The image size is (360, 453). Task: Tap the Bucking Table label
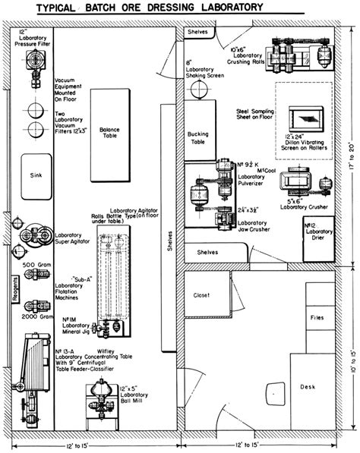coord(197,138)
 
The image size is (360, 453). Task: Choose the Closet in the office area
coord(203,296)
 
